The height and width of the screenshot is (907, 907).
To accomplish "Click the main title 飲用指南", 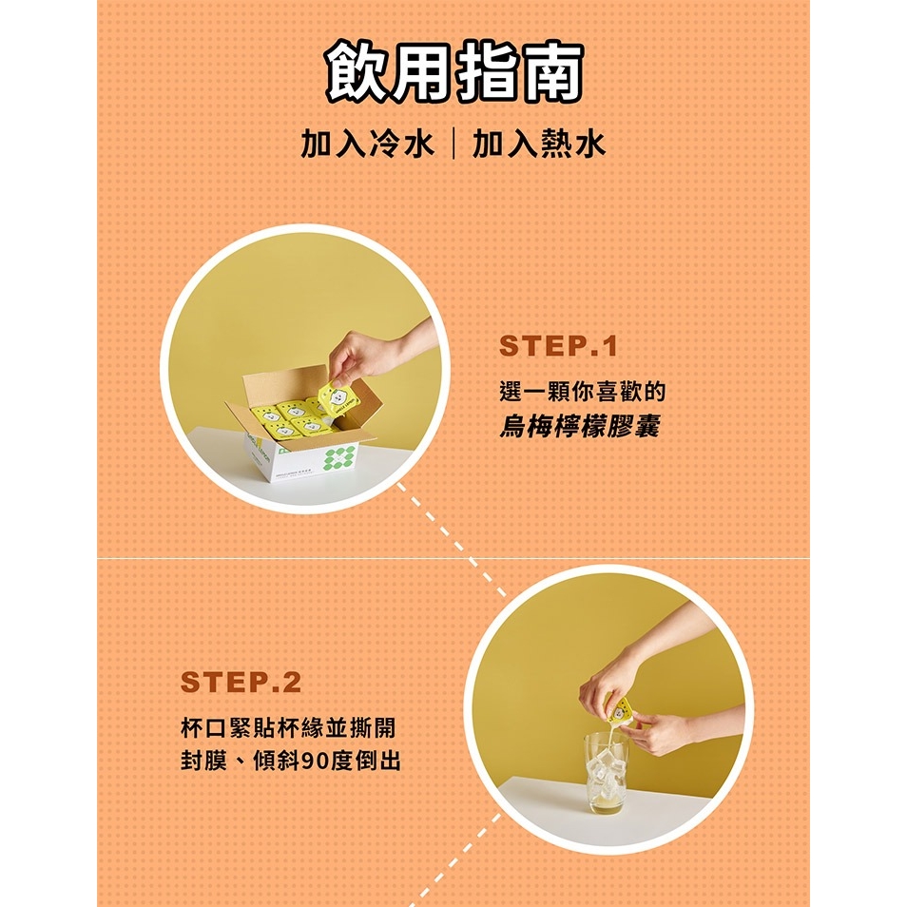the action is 453,72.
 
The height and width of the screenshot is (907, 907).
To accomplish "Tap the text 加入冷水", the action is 367,144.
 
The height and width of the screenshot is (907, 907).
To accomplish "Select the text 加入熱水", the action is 538,144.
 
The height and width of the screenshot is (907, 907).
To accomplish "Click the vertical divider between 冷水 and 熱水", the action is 453,144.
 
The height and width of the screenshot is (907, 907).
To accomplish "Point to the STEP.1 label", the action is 558,346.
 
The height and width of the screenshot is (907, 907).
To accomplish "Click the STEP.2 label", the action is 241,682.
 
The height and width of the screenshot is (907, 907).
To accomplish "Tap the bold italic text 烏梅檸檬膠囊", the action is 579,427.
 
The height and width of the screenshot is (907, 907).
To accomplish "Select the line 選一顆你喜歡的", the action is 583,392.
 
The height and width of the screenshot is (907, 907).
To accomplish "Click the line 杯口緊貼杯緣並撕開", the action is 288,727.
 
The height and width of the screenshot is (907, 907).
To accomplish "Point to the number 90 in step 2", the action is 315,762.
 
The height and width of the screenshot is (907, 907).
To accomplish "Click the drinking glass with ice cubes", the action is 606,773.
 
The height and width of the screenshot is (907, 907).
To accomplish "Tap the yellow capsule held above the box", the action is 338,397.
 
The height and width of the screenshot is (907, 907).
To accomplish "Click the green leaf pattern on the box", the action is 339,457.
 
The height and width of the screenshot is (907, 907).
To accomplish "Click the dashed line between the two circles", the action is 452,539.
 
